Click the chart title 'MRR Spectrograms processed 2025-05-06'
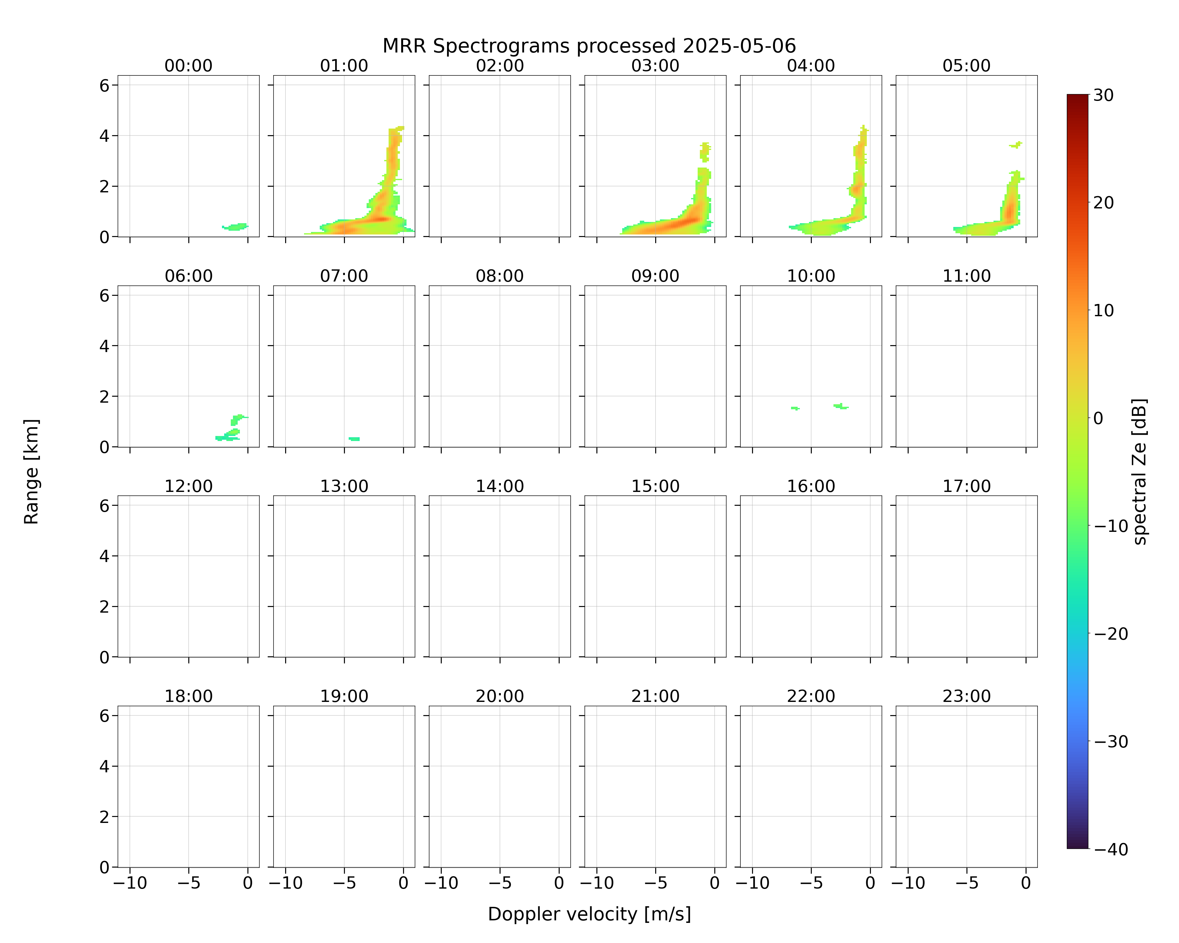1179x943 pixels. tap(589, 46)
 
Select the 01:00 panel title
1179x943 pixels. tap(344, 66)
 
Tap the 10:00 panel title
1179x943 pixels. tap(811, 276)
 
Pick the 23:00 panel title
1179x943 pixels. tap(966, 697)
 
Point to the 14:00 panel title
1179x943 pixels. tap(500, 486)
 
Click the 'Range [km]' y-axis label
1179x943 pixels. tap(31, 472)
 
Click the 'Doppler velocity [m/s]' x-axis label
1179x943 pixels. tap(589, 914)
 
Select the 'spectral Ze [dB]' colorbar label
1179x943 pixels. tap(1140, 472)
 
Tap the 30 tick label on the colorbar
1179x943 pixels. tap(1104, 95)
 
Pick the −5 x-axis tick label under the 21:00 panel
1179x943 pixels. tap(656, 883)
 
